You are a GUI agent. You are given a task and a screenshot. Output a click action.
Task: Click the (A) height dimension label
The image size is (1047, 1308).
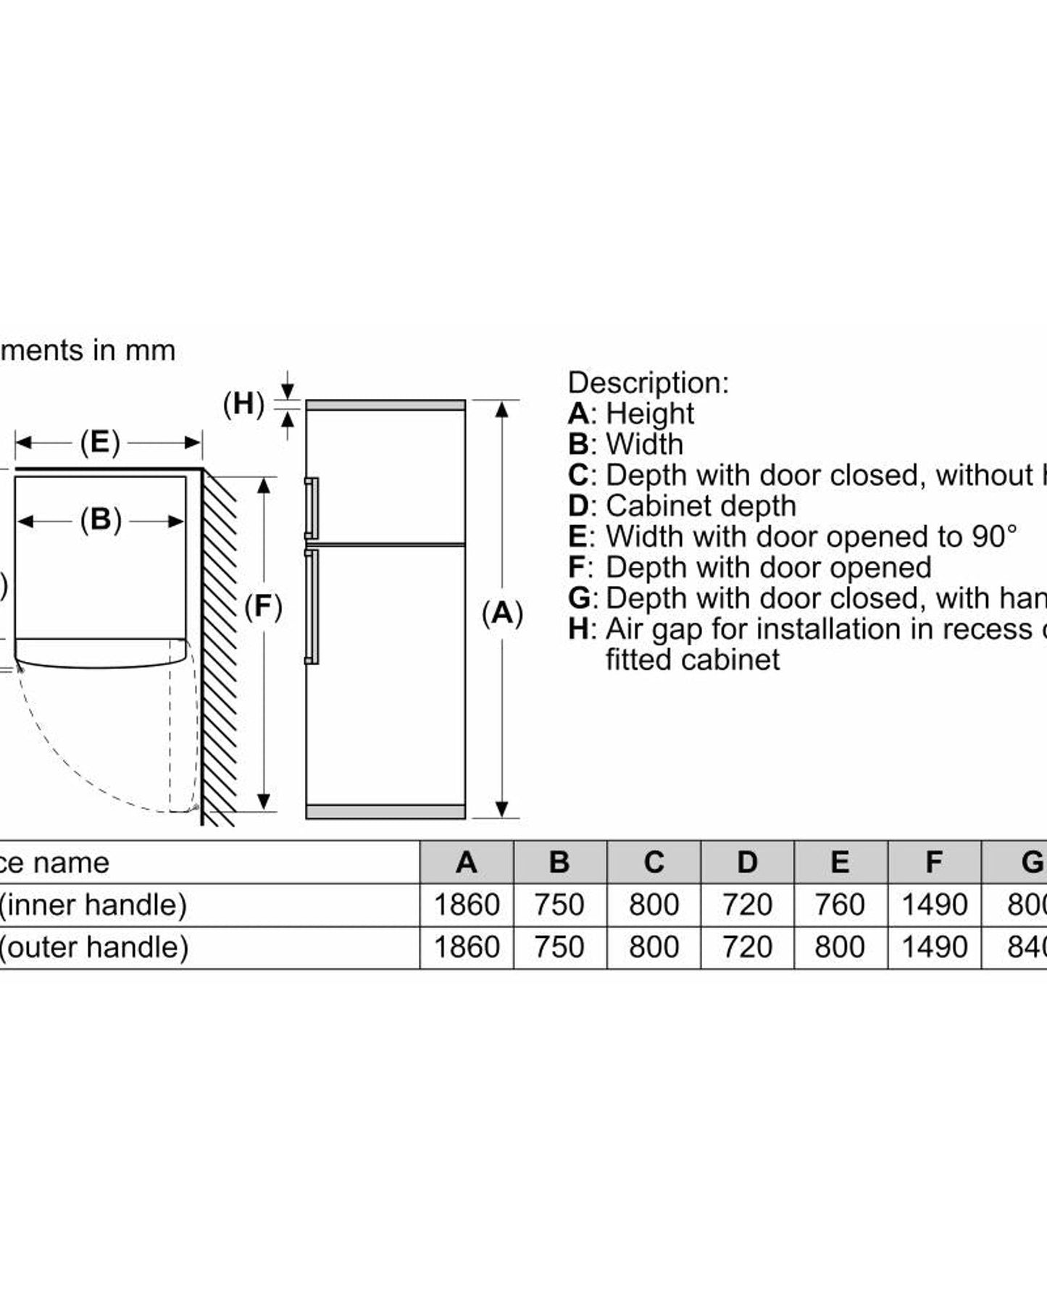(502, 613)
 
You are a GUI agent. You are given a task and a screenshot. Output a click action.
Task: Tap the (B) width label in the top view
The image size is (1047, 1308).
(100, 520)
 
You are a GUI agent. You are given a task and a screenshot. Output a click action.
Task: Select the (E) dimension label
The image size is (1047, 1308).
(99, 442)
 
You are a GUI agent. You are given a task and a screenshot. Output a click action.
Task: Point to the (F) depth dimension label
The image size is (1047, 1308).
(263, 606)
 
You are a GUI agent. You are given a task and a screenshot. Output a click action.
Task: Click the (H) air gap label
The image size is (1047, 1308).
(243, 403)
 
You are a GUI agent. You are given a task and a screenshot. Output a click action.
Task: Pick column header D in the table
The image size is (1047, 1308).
(747, 862)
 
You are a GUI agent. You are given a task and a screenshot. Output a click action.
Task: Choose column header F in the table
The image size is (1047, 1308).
(934, 862)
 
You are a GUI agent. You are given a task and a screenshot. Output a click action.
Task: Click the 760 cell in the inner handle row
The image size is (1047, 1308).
(840, 905)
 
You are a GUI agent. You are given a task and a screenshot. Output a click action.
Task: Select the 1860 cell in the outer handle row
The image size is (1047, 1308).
(467, 947)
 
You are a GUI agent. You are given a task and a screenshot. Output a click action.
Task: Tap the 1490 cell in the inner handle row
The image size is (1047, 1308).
(934, 905)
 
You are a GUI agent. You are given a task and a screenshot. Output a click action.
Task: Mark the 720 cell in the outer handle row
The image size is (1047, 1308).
(747, 947)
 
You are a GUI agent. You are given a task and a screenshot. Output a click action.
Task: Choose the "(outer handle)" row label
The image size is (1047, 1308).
(93, 947)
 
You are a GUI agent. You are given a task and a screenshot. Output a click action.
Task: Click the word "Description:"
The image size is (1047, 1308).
(648, 382)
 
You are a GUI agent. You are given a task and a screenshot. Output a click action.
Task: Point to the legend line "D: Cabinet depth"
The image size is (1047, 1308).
(682, 506)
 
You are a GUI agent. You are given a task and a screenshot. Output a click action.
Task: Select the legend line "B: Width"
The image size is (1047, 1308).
(625, 444)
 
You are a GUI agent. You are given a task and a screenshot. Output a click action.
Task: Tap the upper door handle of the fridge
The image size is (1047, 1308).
(312, 508)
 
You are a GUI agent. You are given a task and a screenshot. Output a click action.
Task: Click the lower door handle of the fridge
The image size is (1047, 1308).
(312, 607)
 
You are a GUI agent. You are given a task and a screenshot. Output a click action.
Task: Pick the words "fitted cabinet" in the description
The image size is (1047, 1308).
(693, 660)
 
